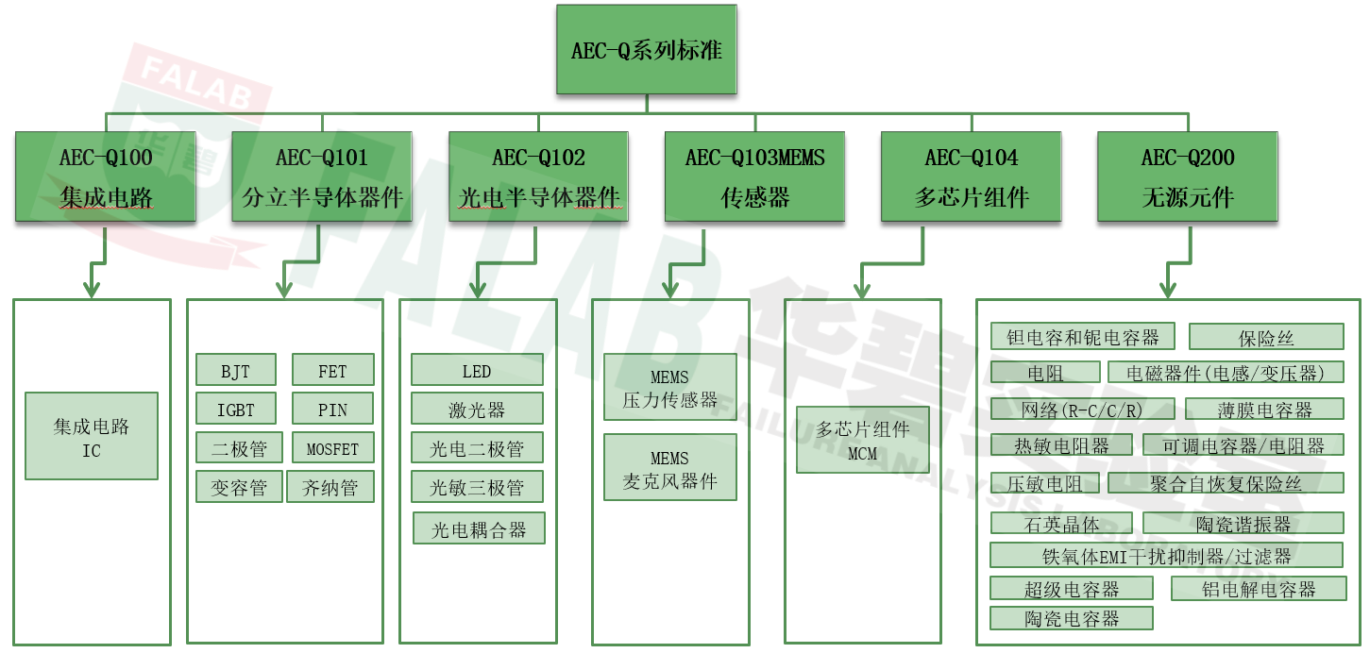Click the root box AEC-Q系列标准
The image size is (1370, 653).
pyautogui.click(x=646, y=49)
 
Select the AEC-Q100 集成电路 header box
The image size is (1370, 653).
pyautogui.click(x=106, y=176)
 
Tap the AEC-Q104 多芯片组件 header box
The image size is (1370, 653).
pyautogui.click(x=971, y=176)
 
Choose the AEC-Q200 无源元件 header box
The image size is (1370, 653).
pyautogui.click(x=1187, y=176)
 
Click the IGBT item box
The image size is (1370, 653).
pyautogui.click(x=236, y=410)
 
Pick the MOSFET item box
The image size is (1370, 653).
pyautogui.click(x=332, y=447)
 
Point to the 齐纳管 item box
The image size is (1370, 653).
pyautogui.click(x=330, y=487)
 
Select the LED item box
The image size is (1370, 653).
pyautogui.click(x=477, y=371)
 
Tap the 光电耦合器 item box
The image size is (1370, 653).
pyautogui.click(x=479, y=529)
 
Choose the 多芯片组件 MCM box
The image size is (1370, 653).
pyautogui.click(x=863, y=440)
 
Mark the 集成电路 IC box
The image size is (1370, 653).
pyautogui.click(x=91, y=437)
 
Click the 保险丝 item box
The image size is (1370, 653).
pyautogui.click(x=1265, y=337)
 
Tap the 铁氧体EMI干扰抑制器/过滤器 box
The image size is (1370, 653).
pyautogui.click(x=1166, y=556)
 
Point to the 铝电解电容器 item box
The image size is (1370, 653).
pyautogui.click(x=1258, y=589)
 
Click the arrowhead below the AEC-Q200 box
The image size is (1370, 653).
pyautogui.click(x=1167, y=289)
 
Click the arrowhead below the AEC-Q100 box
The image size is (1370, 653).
pyautogui.click(x=92, y=288)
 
